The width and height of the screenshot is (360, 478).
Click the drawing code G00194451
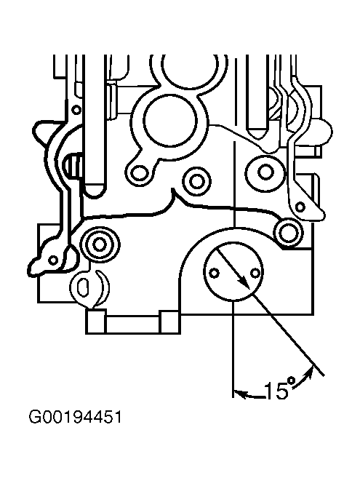pyautogui.click(x=75, y=417)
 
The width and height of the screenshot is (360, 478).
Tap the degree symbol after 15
pyautogui.click(x=292, y=381)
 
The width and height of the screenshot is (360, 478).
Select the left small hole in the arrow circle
pyautogui.click(x=215, y=273)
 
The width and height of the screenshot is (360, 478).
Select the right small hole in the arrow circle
pyautogui.click(x=255, y=273)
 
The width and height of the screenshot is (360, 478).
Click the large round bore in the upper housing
pyautogui.click(x=169, y=120)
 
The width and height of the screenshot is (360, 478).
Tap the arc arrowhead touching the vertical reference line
pyautogui.click(x=240, y=394)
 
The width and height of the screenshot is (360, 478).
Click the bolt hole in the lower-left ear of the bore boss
pyautogui.click(x=140, y=172)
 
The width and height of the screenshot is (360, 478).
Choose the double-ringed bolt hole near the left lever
pyautogui.click(x=100, y=244)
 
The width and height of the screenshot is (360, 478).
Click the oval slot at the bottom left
pyautogui.click(x=82, y=287)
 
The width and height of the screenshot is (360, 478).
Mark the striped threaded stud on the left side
pyautogui.click(x=73, y=164)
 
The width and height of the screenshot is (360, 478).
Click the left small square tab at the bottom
pyautogui.click(x=96, y=322)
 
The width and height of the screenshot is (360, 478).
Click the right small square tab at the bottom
pyautogui.click(x=169, y=322)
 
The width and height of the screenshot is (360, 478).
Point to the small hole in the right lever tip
pyautogui.click(x=300, y=207)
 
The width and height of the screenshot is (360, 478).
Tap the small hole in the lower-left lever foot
pyautogui.click(x=53, y=260)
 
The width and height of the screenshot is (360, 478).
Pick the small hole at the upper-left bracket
pyautogui.click(x=76, y=109)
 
